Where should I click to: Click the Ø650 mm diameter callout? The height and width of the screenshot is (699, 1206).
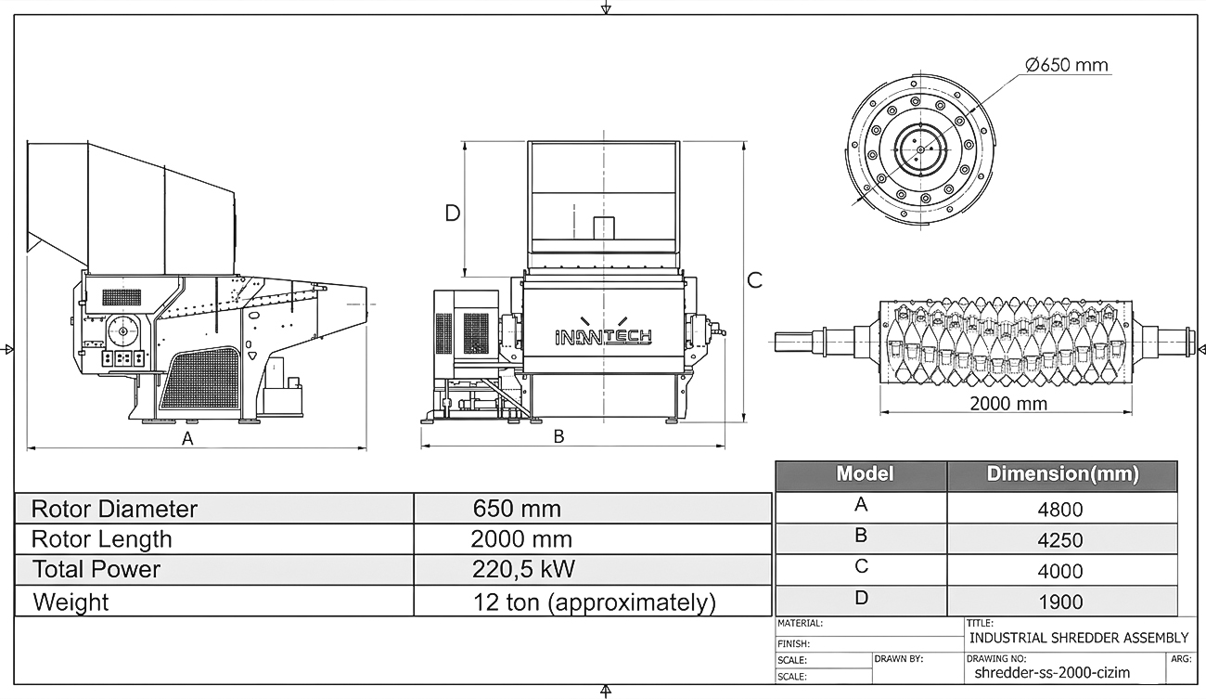point(1067,65)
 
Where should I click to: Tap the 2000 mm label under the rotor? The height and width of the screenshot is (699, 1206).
point(1008,403)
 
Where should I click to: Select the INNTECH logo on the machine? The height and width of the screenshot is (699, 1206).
point(604,337)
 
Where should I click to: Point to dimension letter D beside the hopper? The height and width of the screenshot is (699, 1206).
point(453,214)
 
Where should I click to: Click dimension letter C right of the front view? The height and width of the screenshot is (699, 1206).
point(755,280)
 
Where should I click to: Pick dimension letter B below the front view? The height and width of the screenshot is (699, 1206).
point(558,436)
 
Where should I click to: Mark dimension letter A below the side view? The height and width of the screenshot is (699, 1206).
point(186,438)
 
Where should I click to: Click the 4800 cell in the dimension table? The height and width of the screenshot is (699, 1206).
point(1060,510)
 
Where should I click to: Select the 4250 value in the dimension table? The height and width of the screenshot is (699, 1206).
point(1060,540)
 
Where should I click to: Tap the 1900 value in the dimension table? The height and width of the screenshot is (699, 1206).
point(1060,602)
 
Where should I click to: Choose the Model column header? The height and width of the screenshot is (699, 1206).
point(865,473)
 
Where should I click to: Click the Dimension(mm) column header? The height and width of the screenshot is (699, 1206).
point(1063,474)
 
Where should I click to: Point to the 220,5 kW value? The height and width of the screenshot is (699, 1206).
point(523,569)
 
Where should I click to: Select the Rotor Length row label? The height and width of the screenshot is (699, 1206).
point(102,539)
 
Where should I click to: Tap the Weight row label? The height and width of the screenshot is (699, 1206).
point(71,602)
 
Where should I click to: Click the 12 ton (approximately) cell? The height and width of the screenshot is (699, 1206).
point(595,602)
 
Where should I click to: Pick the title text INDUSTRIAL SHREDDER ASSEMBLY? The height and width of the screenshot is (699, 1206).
point(1079,638)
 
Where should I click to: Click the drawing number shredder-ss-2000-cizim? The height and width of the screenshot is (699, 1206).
point(1052,673)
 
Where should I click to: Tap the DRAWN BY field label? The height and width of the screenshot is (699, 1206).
point(899,659)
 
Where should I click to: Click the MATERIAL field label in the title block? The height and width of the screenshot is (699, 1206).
point(800,624)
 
